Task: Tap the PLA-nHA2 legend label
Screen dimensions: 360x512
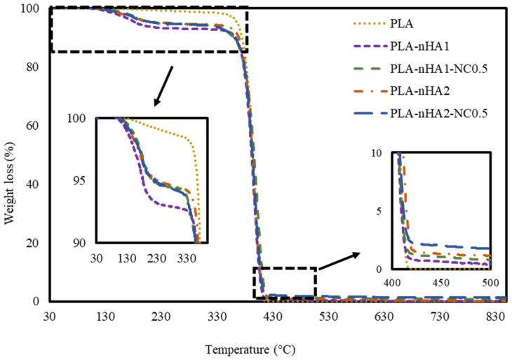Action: (413, 93)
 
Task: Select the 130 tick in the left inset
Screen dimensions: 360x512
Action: (127, 258)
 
